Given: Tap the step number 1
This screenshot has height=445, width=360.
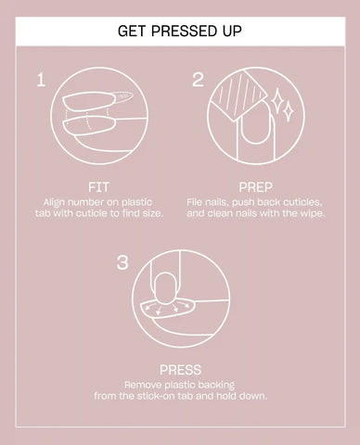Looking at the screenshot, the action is [x=41, y=80].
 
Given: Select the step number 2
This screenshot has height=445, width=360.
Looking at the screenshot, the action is [x=199, y=80].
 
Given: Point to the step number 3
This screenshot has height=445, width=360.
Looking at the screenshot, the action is [x=122, y=262].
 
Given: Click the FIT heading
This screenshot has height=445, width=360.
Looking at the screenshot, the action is [x=98, y=187].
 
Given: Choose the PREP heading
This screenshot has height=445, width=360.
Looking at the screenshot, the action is [x=255, y=187].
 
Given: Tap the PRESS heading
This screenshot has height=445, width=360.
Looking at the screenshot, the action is [x=180, y=370].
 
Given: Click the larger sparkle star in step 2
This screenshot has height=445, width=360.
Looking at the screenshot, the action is [x=276, y=99].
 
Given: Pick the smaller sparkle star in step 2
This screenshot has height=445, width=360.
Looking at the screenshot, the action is [x=289, y=111].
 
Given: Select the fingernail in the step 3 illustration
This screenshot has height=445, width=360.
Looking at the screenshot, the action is [x=166, y=288].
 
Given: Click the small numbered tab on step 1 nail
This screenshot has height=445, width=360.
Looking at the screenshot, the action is [x=122, y=96].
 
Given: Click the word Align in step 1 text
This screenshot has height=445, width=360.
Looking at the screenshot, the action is [x=54, y=203].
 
